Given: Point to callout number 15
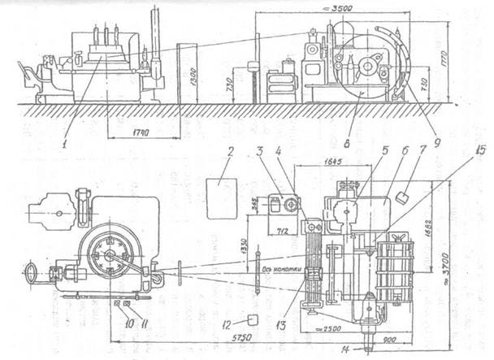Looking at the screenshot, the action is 482,151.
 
